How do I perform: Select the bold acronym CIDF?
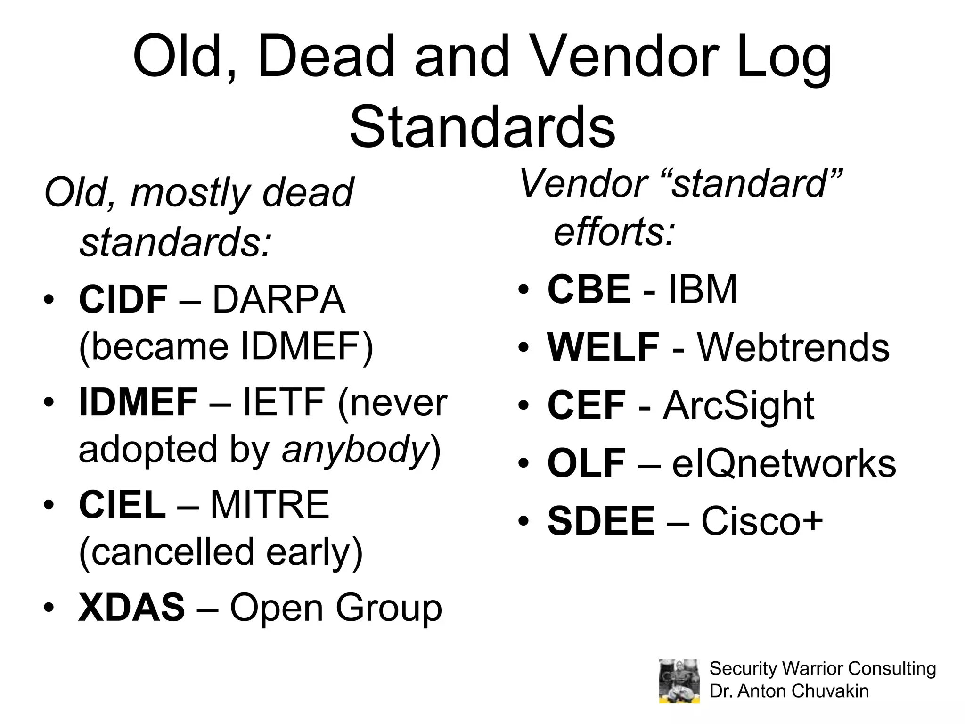click(x=123, y=300)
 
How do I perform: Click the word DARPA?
click(x=279, y=300)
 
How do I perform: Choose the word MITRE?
click(x=270, y=505)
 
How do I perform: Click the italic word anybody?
click(x=355, y=449)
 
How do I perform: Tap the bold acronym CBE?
click(x=589, y=289)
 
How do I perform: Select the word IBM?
click(x=703, y=289)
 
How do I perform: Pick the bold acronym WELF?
click(x=603, y=347)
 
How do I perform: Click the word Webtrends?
click(x=793, y=347)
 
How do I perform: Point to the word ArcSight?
click(x=738, y=405)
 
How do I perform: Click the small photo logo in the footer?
click(x=679, y=681)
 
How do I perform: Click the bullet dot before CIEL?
click(x=49, y=505)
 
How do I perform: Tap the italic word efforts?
click(x=614, y=232)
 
